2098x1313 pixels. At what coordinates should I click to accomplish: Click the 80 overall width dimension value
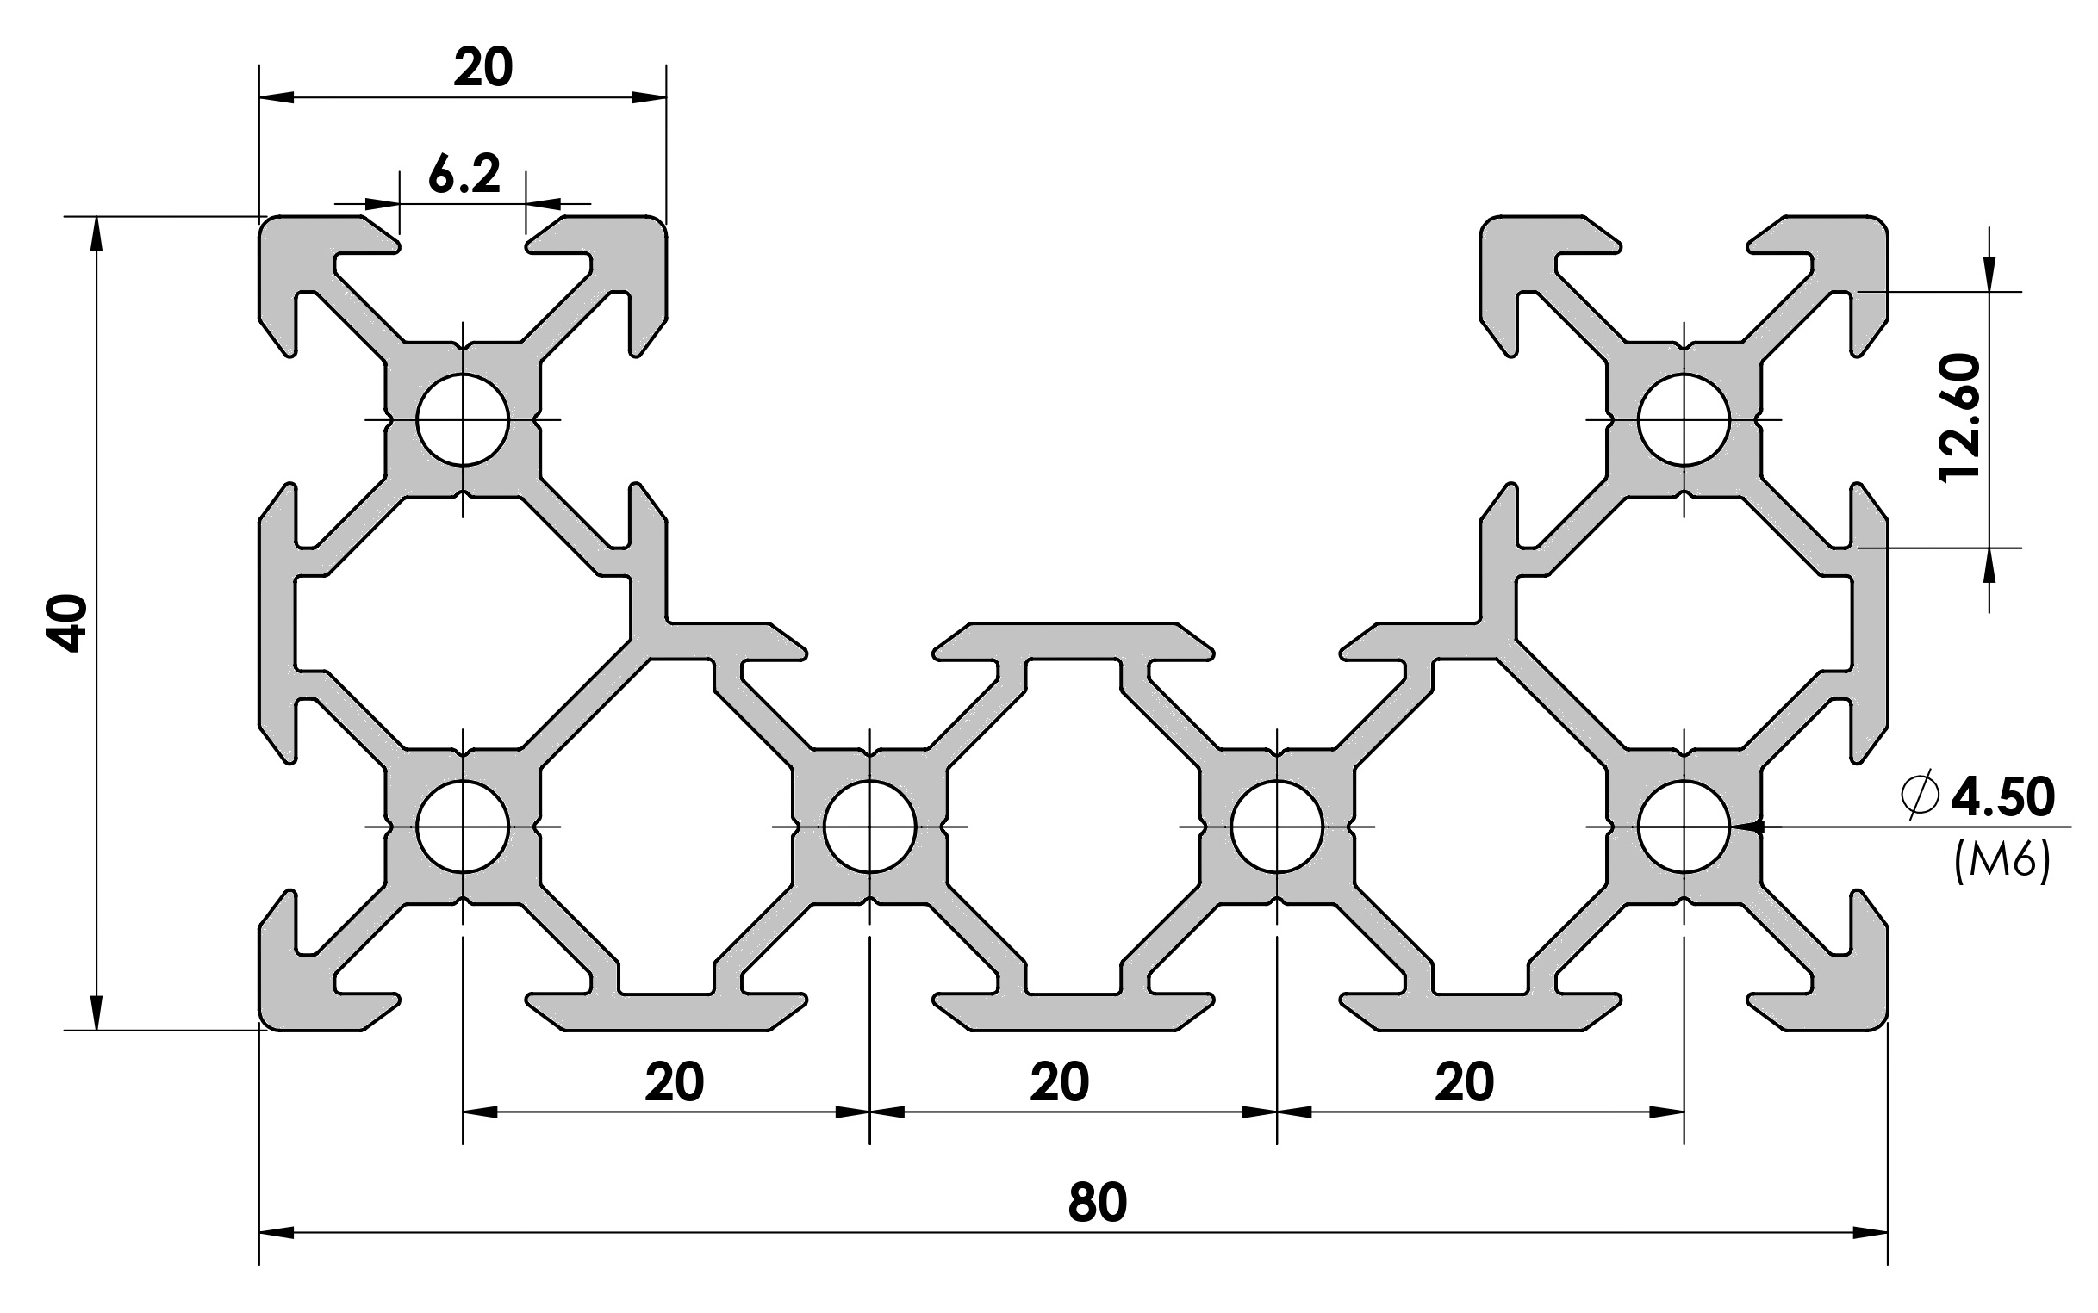click(x=1097, y=1203)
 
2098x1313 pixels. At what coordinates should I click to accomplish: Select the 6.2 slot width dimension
click(x=464, y=175)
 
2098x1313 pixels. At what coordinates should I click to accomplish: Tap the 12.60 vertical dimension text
click(x=1960, y=418)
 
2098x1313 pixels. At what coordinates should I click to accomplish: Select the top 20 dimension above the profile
click(x=483, y=68)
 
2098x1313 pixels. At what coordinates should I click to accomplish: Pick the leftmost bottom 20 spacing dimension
click(x=674, y=1082)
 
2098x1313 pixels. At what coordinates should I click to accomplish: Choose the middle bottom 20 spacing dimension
click(x=1059, y=1082)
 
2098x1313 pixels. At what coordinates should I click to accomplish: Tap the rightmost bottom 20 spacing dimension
click(x=1464, y=1082)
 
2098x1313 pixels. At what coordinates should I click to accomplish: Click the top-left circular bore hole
click(x=462, y=420)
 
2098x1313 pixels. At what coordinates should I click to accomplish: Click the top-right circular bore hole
click(x=1684, y=420)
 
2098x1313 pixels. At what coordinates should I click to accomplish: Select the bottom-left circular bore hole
click(x=462, y=827)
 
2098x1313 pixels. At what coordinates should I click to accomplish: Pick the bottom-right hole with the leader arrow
click(x=1684, y=827)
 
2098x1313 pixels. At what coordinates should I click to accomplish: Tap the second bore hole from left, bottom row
click(x=869, y=827)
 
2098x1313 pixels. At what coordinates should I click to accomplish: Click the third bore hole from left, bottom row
click(x=1277, y=827)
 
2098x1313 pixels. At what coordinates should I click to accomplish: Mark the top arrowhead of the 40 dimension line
click(x=96, y=232)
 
